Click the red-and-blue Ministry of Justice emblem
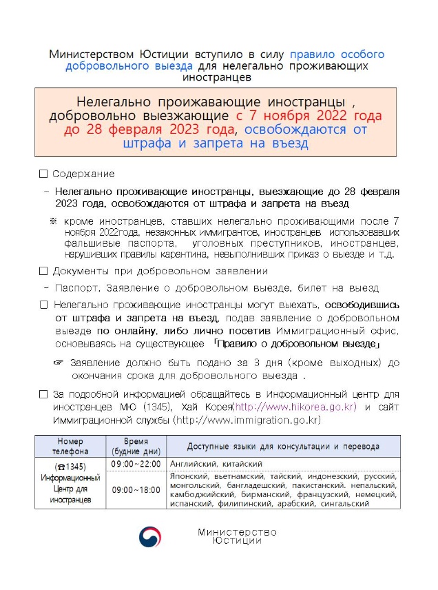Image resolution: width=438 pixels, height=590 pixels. (150, 536)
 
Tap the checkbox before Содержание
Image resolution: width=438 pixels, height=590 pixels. (44, 174)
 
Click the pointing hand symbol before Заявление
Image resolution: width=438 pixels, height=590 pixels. (59, 363)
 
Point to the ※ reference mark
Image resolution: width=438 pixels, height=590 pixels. (52, 221)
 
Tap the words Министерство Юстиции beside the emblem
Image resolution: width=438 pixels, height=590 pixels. (237, 536)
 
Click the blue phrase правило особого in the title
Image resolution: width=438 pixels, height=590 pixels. (337, 54)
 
